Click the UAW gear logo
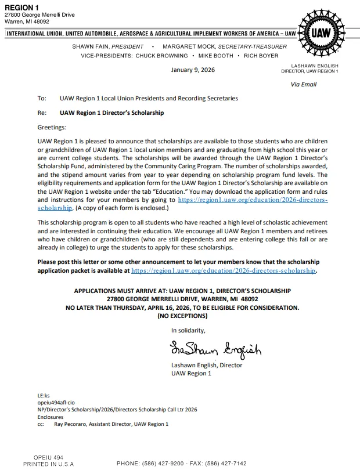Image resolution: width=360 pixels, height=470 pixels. (321, 32)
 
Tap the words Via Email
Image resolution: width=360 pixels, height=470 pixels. (304, 84)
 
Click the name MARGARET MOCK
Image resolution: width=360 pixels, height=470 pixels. (187, 46)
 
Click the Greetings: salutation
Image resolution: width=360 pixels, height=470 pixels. (52, 127)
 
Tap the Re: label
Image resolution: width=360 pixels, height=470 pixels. (42, 113)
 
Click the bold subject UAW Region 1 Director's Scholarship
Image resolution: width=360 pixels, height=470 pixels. (111, 113)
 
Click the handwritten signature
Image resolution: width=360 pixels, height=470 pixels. (215, 350)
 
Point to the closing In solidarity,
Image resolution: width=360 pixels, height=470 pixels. (188, 330)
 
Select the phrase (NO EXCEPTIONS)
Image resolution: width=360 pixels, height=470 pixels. (182, 316)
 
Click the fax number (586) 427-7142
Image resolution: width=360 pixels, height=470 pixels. (224, 464)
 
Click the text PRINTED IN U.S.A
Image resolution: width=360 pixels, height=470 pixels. (48, 464)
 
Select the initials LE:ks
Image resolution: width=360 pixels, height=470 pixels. (44, 395)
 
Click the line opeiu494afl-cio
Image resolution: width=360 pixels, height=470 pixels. (56, 402)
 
